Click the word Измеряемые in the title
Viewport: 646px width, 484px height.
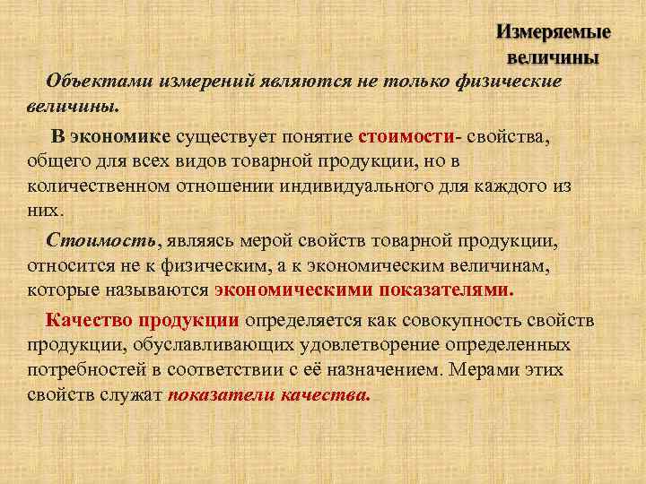[x=554, y=32]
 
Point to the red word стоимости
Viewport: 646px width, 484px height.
[x=406, y=137]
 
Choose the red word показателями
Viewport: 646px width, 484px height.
[x=447, y=290]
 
